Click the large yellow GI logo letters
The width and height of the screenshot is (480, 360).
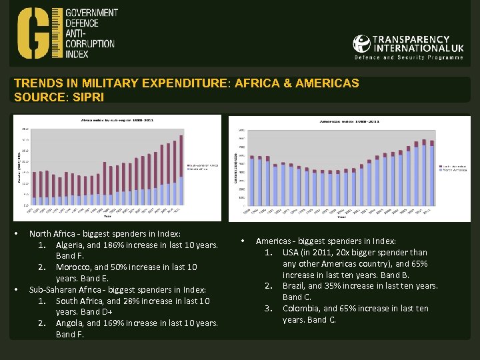pos(39,33)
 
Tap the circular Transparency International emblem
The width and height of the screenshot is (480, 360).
pos(361,44)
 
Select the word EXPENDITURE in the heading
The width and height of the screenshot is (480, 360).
pos(176,83)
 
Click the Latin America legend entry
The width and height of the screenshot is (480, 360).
pos(454,165)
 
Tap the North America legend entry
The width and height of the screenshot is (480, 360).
pos(454,170)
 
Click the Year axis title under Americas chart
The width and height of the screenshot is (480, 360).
pos(341,217)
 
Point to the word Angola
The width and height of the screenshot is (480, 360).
pos(70,323)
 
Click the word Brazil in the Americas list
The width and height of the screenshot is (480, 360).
pos(293,286)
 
